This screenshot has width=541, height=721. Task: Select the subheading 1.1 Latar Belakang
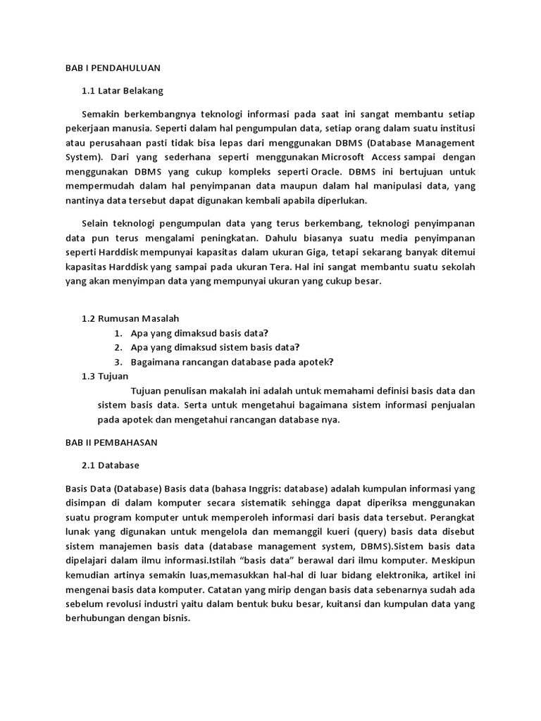123,91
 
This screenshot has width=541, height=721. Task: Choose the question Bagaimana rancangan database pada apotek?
232,362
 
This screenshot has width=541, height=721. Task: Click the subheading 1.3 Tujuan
105,377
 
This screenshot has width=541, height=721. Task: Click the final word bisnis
175,620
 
